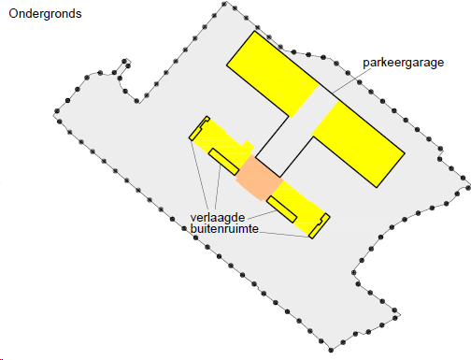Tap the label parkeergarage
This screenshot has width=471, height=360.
tap(403, 64)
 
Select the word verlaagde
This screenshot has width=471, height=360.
tap(217, 217)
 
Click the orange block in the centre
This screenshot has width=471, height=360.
tap(257, 175)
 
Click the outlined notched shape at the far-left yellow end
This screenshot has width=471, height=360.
tap(198, 130)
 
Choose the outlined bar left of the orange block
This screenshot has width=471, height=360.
tap(225, 160)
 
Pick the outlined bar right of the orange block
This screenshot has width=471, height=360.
tap(281, 209)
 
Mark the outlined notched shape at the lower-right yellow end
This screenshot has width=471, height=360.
tap(320, 225)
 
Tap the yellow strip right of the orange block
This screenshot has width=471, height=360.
tap(297, 200)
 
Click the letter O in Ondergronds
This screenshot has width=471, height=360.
tap(14, 15)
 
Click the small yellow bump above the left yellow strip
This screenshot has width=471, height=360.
tap(247, 146)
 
